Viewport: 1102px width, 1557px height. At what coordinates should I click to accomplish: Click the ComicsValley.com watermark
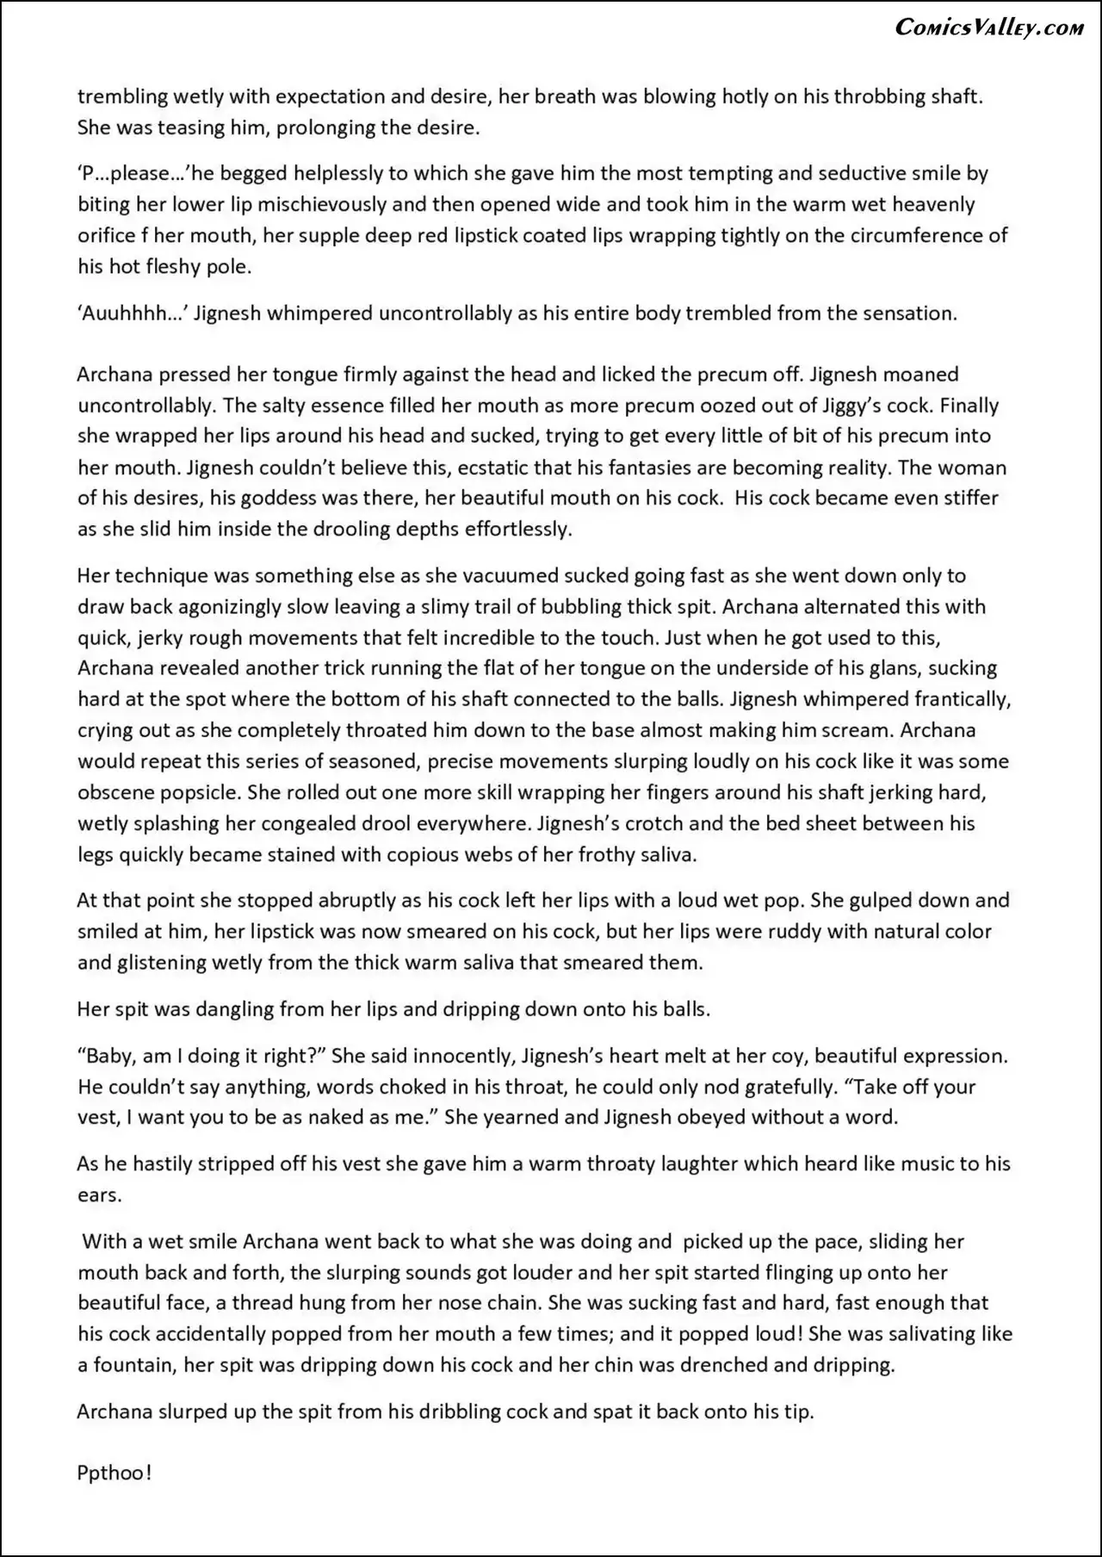pyautogui.click(x=989, y=28)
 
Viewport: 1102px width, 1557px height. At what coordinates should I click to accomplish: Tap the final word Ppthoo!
pyautogui.click(x=115, y=1473)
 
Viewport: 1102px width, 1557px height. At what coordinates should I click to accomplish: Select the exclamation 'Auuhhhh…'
pyautogui.click(x=133, y=313)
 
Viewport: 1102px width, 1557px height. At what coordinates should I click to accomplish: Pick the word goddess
pyautogui.click(x=250, y=499)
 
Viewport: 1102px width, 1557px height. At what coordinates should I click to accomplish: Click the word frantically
pyautogui.click(x=950, y=699)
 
